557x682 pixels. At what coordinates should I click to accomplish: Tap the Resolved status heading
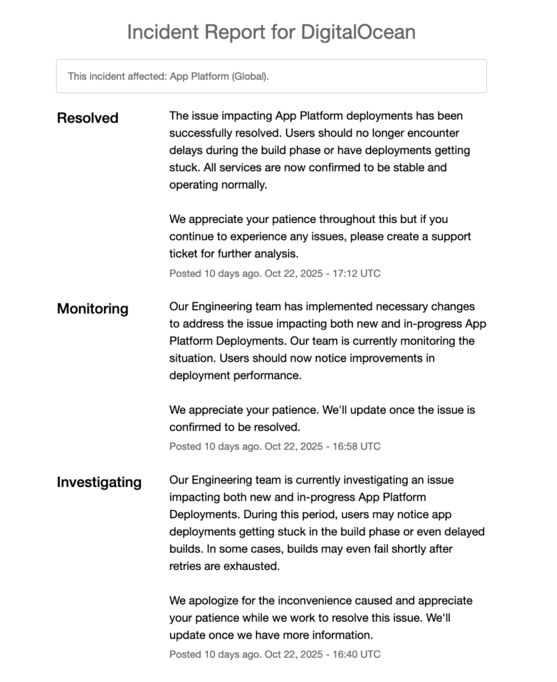(87, 118)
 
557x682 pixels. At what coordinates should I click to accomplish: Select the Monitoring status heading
(93, 308)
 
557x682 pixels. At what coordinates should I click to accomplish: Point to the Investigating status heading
(99, 482)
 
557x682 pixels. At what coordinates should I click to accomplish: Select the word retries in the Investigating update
(186, 566)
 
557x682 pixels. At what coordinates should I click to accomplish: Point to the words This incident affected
(113, 77)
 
